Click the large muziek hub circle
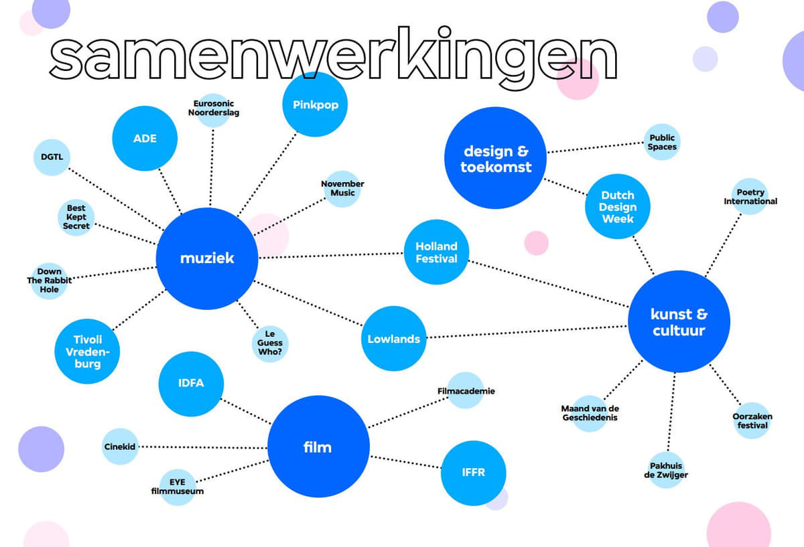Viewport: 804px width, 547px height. (206, 258)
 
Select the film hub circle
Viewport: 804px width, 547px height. (318, 447)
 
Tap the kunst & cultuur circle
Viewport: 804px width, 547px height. (678, 321)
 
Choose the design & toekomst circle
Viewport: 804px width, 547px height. (495, 158)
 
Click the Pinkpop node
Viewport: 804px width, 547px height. (315, 104)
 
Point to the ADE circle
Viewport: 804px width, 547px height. (144, 139)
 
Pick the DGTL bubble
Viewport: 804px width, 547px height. (52, 157)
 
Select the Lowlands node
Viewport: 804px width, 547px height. (394, 339)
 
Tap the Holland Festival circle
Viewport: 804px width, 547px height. (436, 252)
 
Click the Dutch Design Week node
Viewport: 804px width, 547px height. (617, 207)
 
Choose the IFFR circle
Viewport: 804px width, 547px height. (473, 473)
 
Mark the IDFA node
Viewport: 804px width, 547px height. (191, 384)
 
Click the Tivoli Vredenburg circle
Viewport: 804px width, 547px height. (87, 351)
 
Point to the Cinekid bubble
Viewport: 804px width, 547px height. (120, 447)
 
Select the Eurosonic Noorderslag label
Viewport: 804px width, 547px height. (214, 108)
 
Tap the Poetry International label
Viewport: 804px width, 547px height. (750, 197)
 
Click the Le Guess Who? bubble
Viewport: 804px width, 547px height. (270, 343)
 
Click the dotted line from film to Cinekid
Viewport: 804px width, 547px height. (201, 447)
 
